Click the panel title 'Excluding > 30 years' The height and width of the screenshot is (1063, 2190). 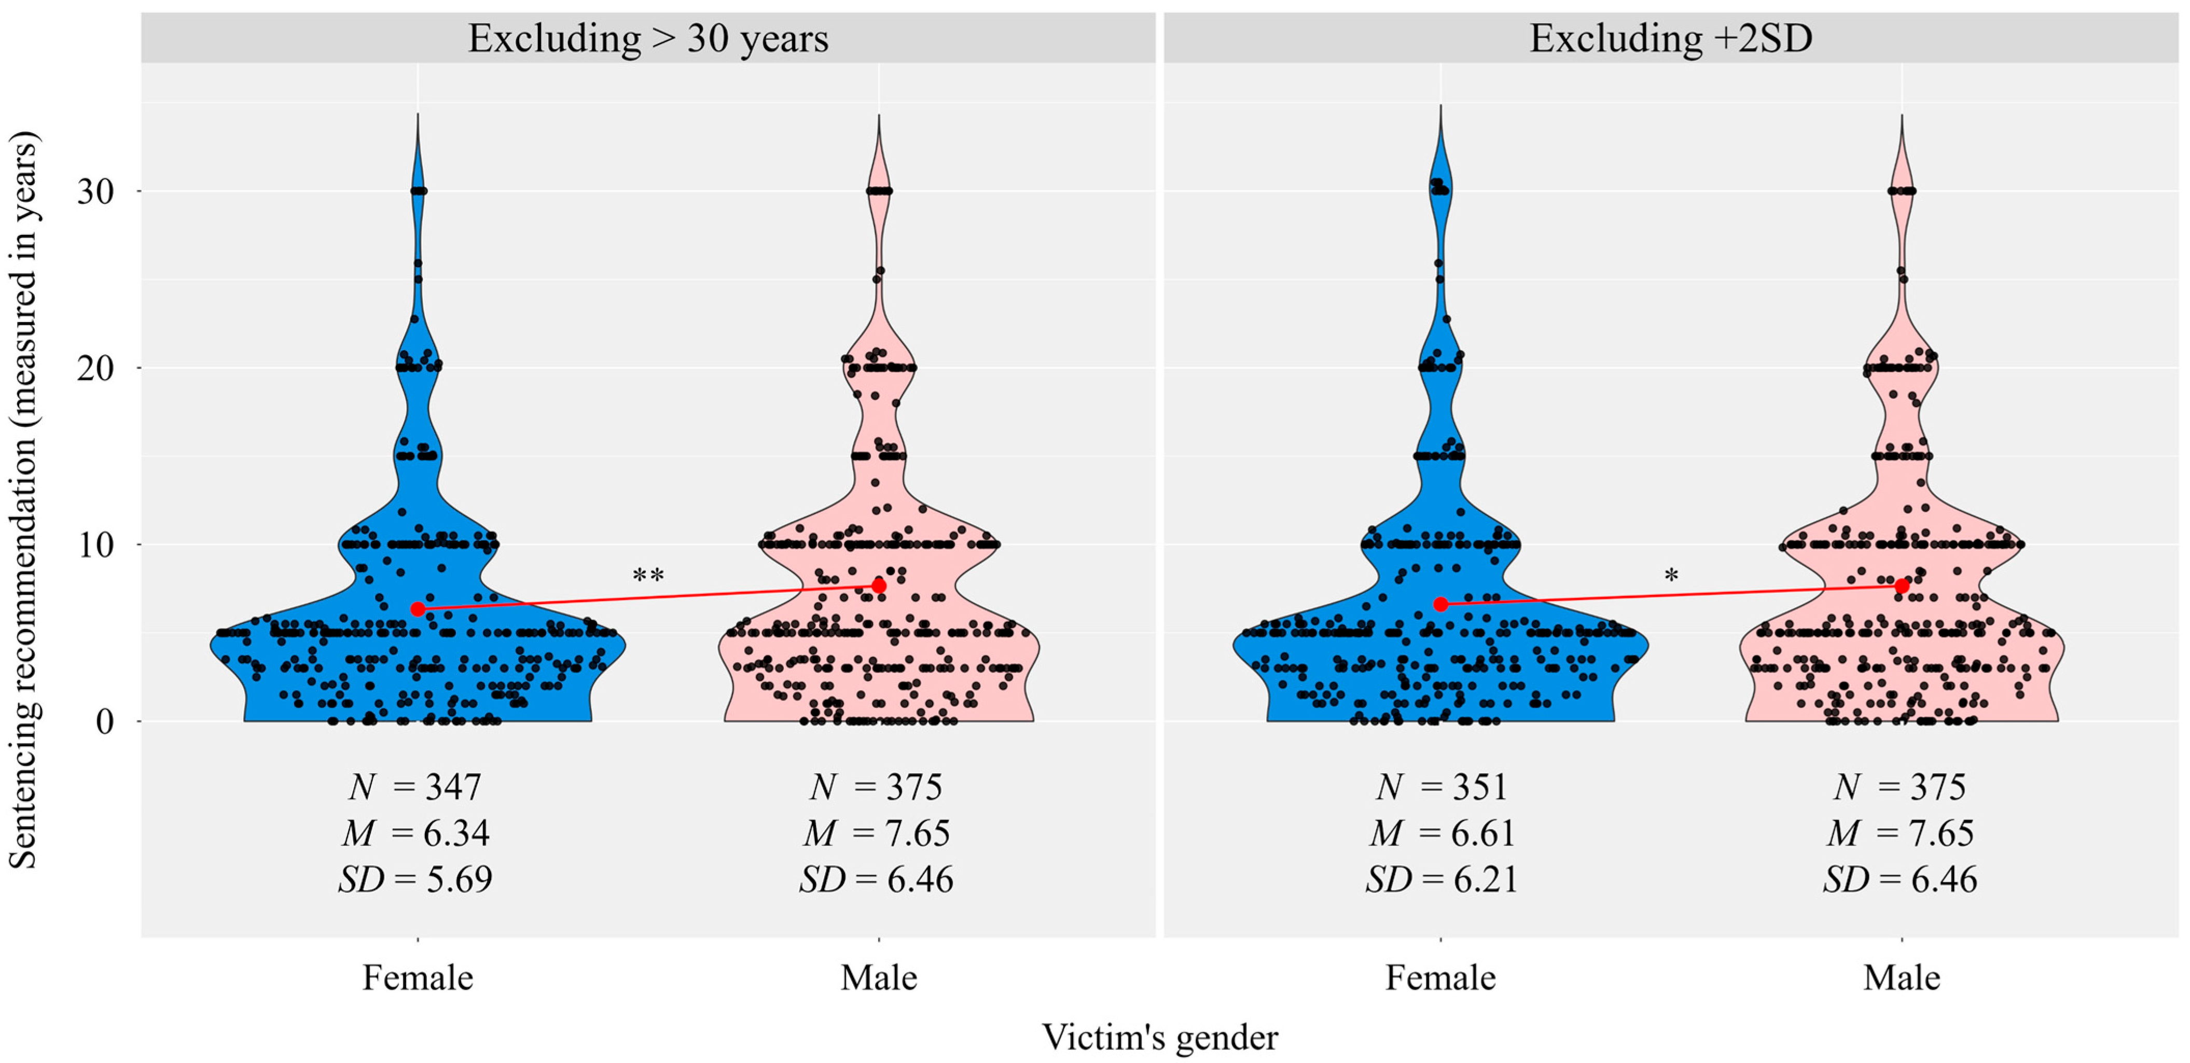[648, 39]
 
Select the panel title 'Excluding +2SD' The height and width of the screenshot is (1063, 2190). [1671, 39]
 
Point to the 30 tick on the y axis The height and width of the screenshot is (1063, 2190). [95, 192]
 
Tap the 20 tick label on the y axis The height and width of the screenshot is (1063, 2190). [95, 369]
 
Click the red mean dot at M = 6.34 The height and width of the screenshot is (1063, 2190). [418, 608]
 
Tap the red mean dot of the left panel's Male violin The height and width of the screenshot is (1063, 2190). [879, 585]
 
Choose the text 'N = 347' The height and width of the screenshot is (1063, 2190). [415, 787]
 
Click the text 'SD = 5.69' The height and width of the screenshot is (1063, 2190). [415, 878]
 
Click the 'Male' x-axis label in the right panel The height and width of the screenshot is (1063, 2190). [1902, 978]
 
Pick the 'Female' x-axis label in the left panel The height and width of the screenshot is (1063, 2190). [418, 978]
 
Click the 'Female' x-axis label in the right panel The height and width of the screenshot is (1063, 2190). [1440, 978]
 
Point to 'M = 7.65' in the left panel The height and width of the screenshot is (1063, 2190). [877, 833]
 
